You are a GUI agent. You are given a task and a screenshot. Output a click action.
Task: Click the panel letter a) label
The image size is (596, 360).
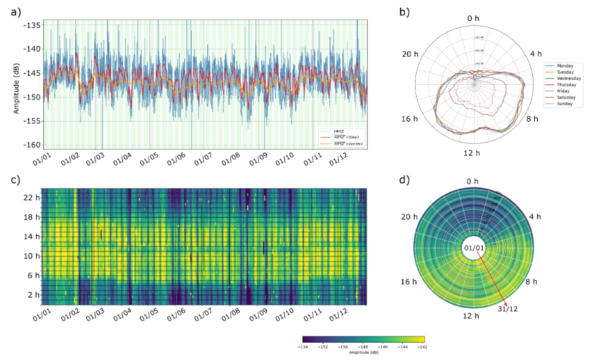click(13, 10)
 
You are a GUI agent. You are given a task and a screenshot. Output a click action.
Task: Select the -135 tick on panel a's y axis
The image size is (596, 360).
click(32, 25)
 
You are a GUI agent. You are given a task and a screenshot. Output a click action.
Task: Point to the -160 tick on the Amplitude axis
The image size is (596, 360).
click(32, 145)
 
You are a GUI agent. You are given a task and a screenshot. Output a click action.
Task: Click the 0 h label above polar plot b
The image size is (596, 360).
click(474, 18)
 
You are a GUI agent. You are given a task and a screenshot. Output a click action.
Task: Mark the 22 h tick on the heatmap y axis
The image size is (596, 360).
click(31, 197)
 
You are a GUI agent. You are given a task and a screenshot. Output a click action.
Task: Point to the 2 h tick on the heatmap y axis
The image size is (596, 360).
click(31, 295)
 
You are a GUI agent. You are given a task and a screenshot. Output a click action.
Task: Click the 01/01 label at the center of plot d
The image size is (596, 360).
click(474, 248)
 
